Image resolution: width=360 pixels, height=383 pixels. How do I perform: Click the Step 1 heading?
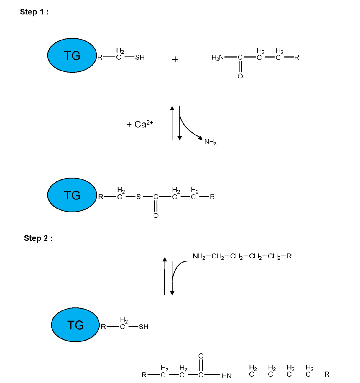pyautogui.click(x=34, y=12)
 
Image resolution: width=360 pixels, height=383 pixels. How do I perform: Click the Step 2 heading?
pyautogui.click(x=38, y=238)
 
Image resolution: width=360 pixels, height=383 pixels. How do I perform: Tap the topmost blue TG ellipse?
pyautogui.click(x=72, y=55)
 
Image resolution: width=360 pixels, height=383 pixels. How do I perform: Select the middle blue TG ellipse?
pyautogui.click(x=72, y=195)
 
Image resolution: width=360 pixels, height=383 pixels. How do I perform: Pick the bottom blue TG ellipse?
pyautogui.click(x=75, y=325)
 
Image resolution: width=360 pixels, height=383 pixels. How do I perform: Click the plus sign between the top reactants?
pyautogui.click(x=175, y=60)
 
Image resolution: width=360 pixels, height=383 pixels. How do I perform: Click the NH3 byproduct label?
pyautogui.click(x=210, y=142)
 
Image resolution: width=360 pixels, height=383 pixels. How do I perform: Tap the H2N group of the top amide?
pyautogui.click(x=218, y=58)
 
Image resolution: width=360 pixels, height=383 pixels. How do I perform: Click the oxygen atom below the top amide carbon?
pyautogui.click(x=240, y=76)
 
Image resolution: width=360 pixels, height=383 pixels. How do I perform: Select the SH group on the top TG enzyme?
pyautogui.click(x=140, y=57)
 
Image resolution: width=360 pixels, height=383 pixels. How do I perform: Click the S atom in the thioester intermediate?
pyautogui.click(x=138, y=197)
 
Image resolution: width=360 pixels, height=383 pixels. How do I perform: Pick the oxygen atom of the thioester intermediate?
pyautogui.click(x=156, y=216)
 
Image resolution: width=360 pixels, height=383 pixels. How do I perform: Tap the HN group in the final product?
pyautogui.click(x=226, y=376)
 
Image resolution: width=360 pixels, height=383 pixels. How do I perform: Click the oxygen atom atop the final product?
pyautogui.click(x=201, y=356)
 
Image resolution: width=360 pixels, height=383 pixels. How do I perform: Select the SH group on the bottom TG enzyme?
pyautogui.click(x=144, y=327)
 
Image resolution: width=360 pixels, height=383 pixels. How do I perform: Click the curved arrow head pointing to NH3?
pyautogui.click(x=201, y=138)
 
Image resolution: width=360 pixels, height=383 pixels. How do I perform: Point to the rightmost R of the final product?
pyautogui.click(x=327, y=374)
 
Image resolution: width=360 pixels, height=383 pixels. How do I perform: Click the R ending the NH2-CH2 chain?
pyautogui.click(x=289, y=256)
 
